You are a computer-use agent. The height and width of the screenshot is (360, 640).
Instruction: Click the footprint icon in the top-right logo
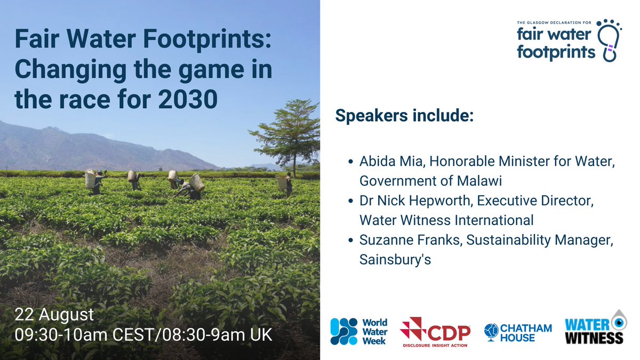pos(608,39)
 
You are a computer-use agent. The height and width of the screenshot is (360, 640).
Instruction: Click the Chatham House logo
pos(518,332)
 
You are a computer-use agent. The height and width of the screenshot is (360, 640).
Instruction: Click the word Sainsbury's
pos(395,259)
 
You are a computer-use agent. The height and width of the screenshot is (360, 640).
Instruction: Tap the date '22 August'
pos(54,313)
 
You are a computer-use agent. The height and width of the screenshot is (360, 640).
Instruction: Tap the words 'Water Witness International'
pos(446,220)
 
